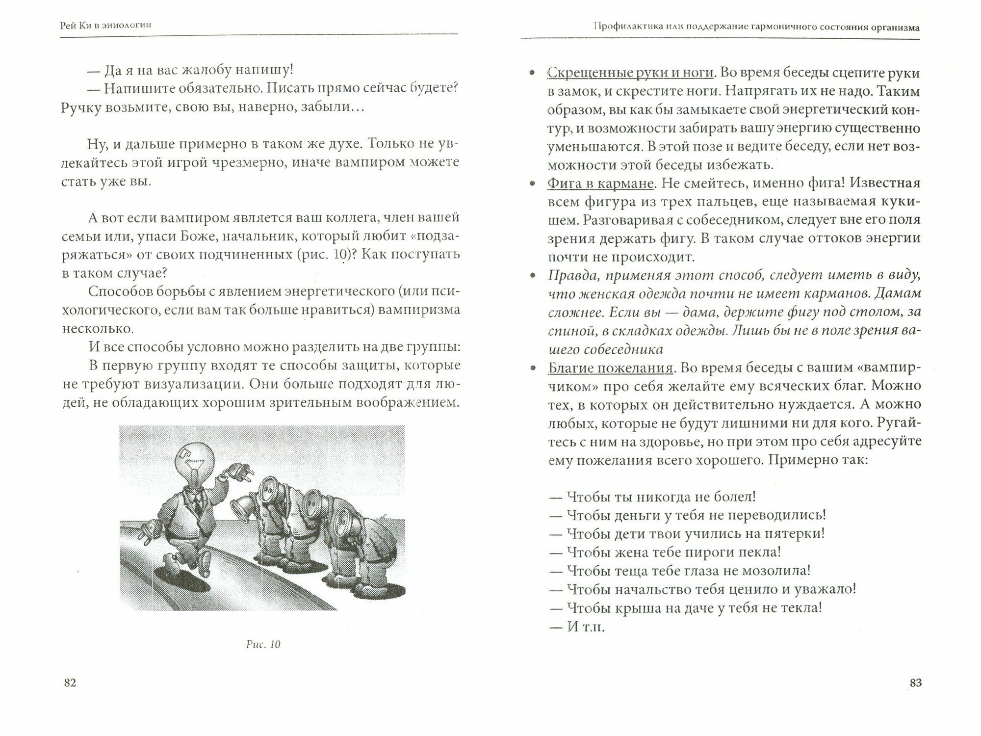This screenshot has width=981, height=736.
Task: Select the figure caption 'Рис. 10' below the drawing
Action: click(x=263, y=644)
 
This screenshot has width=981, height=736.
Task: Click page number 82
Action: click(x=70, y=683)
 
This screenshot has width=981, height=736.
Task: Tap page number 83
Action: click(x=915, y=683)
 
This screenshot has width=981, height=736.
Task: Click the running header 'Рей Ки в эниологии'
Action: click(x=105, y=26)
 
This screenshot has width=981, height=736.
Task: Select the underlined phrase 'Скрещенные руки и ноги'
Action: click(x=630, y=73)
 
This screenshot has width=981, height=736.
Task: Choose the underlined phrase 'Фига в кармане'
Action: click(x=600, y=184)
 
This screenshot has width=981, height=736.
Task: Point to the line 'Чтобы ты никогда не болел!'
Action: click(x=652, y=496)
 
